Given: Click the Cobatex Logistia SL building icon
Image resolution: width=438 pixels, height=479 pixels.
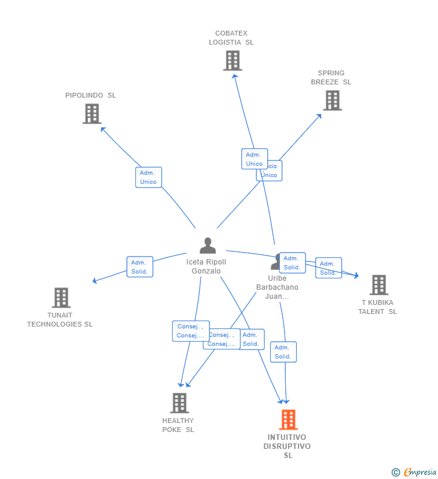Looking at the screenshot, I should click(232, 60).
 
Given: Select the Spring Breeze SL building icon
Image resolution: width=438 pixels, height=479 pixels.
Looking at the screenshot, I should click(332, 100).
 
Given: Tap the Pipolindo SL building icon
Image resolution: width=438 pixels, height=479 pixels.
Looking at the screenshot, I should click(91, 113).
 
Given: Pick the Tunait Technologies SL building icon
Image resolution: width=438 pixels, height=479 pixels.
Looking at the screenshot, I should click(61, 297).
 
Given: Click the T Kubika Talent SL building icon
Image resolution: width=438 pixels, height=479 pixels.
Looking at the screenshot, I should click(378, 285).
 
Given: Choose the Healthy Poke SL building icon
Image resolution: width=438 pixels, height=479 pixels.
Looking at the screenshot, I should click(179, 402).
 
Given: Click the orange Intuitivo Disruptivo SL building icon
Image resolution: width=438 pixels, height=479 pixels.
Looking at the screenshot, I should click(288, 419).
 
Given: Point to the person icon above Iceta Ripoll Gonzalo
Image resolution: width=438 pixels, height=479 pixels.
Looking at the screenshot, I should click(208, 245).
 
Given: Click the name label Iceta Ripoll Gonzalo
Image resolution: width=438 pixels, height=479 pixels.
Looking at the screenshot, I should click(206, 266).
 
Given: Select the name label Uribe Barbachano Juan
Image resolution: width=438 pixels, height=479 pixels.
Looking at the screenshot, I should click(277, 287).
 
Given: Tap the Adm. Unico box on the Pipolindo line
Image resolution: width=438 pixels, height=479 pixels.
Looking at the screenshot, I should click(148, 177).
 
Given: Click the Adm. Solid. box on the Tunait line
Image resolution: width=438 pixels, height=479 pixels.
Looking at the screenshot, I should click(140, 267).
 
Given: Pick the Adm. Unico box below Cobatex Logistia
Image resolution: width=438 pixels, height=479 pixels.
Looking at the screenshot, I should click(254, 159).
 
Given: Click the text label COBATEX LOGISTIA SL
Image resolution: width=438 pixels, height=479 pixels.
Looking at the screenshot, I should click(231, 38).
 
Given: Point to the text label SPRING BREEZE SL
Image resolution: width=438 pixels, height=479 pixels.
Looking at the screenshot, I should click(331, 78).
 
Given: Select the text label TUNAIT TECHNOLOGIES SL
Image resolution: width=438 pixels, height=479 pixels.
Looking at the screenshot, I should click(60, 319).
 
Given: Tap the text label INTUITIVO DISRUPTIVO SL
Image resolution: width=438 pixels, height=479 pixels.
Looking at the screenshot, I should click(288, 446).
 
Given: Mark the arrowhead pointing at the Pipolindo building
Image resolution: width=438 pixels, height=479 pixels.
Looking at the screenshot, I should click(102, 128).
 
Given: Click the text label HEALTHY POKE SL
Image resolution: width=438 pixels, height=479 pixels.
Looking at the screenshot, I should click(178, 425).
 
